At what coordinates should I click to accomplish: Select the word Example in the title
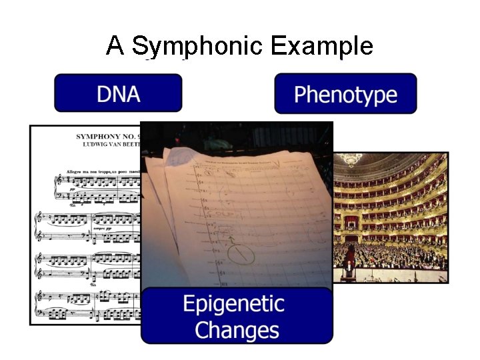[x=322, y=47]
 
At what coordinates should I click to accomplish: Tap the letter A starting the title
[x=115, y=46]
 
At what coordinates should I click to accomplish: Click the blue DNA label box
[x=118, y=93]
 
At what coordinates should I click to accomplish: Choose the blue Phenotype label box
[x=345, y=94]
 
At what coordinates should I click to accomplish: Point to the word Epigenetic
[x=233, y=305]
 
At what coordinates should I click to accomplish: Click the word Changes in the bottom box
[x=237, y=330]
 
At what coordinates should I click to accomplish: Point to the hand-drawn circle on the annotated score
[x=241, y=253]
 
